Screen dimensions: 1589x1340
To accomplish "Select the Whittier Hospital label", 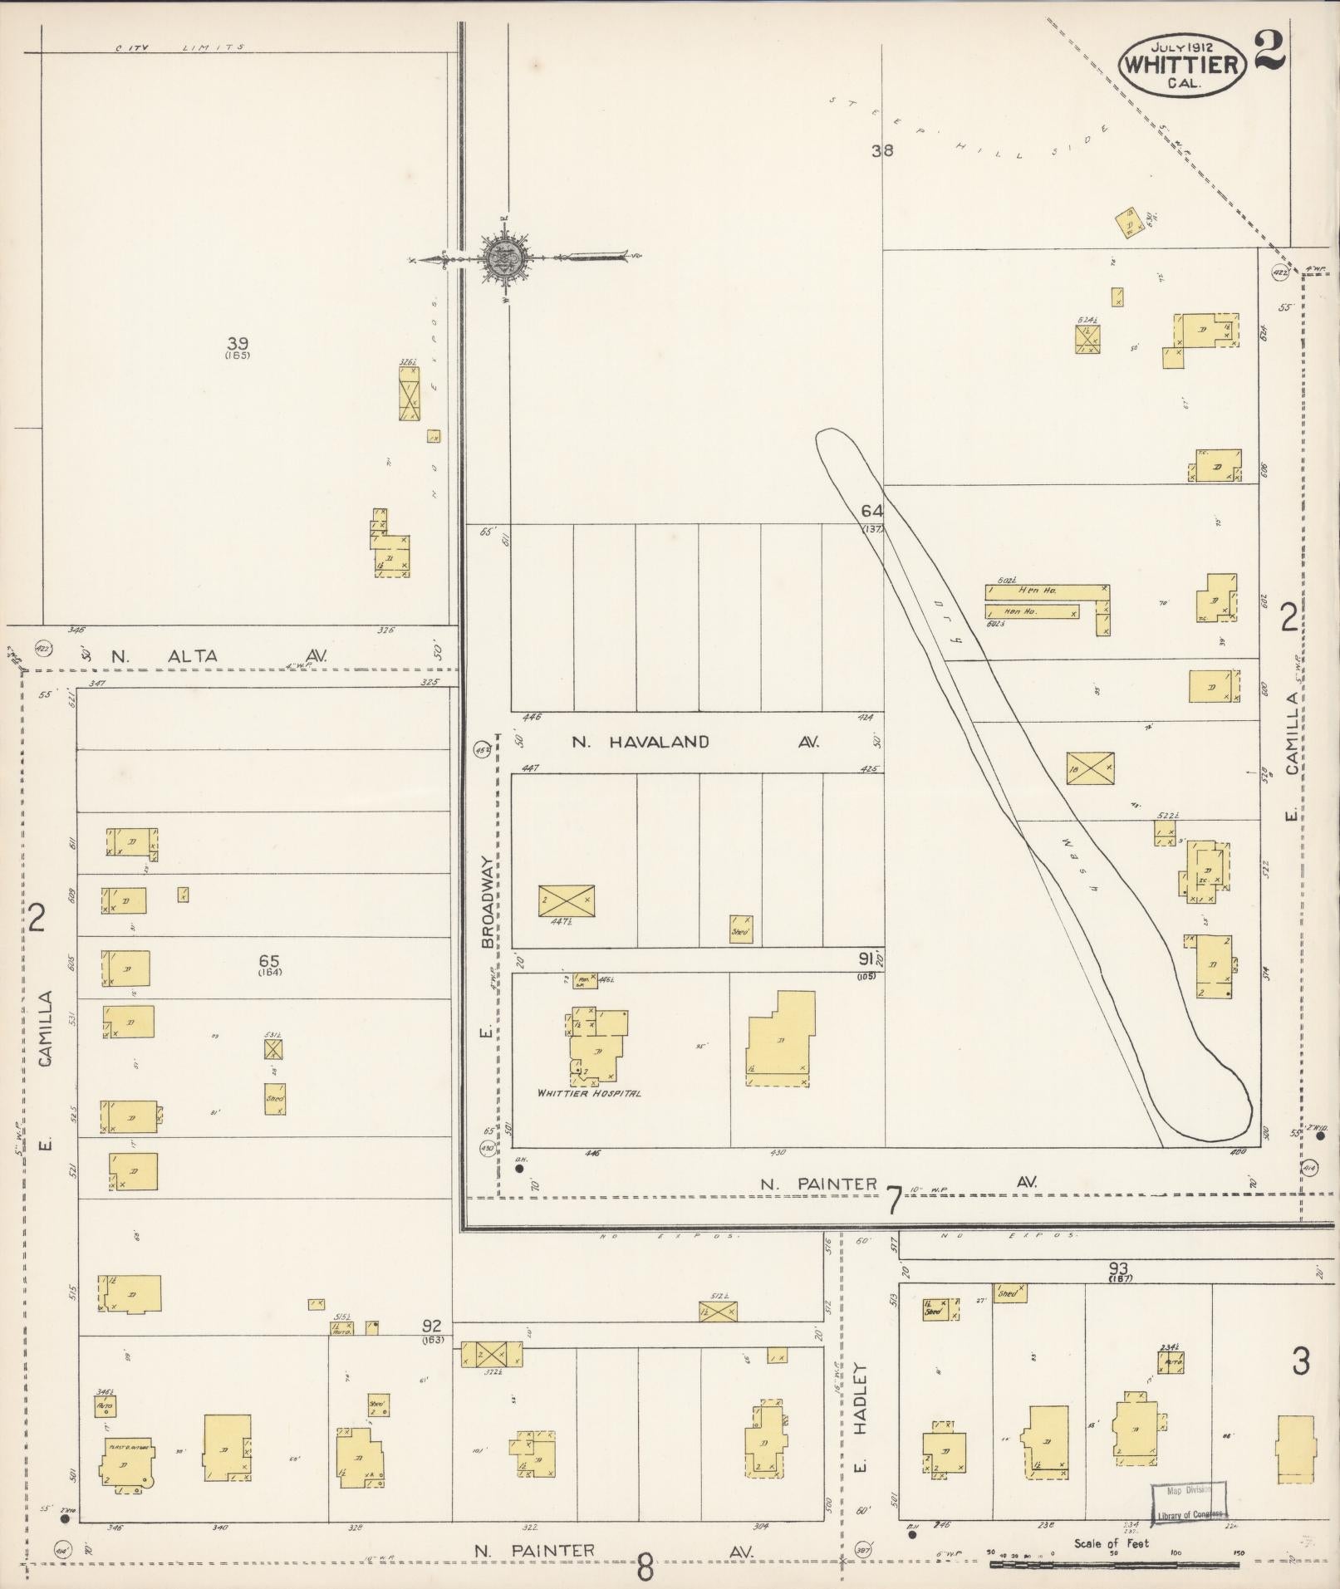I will point(589,1093).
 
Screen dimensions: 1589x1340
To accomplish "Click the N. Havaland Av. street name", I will point(695,742).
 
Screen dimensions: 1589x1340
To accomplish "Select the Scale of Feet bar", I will point(1112,1564).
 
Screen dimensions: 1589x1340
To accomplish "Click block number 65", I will point(269,962).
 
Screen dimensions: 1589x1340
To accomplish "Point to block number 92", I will point(432,1327).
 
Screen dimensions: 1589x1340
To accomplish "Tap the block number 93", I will point(1118,1268).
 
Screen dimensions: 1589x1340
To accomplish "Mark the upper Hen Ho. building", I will point(1047,591).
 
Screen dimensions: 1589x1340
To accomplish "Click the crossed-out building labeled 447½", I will point(566,900).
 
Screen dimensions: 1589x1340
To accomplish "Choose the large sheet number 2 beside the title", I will point(1270,51).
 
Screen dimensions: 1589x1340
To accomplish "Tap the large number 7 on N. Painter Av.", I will point(893,1200).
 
